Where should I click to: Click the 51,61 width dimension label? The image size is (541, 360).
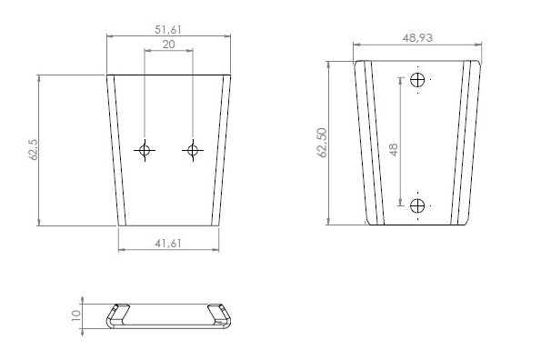pos(167,30)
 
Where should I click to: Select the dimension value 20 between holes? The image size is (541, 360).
pos(169,45)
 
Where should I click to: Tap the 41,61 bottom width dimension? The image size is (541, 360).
pos(168,244)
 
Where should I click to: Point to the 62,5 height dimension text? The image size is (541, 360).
pos(34,150)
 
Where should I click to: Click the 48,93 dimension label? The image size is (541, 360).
pos(417,38)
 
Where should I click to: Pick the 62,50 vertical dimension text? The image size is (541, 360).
pos(322,143)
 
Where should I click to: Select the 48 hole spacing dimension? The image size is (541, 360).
pos(394,150)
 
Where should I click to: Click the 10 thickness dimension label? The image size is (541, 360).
pos(75,315)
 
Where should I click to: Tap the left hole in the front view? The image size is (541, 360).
pos(145,150)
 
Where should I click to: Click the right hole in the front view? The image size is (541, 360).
pos(193,150)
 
